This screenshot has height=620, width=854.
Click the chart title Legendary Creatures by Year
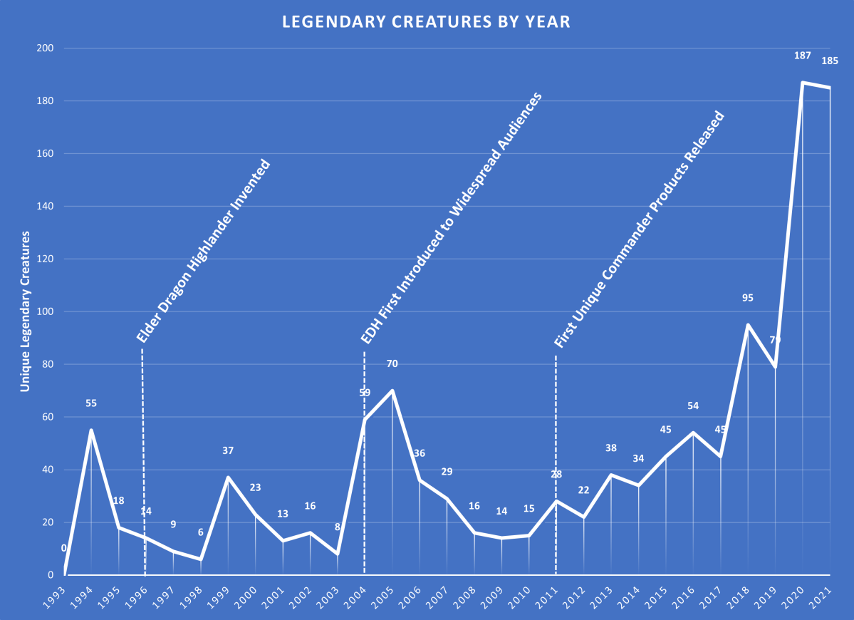point(426,21)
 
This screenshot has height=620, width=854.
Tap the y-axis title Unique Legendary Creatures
point(25,311)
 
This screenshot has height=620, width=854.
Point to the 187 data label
point(803,55)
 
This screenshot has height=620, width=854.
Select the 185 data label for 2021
point(830,61)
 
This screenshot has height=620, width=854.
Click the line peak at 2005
point(392,391)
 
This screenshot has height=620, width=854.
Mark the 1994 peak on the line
point(91,430)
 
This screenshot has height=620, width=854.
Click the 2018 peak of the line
point(748,325)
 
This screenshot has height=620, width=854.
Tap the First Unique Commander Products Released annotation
point(639,229)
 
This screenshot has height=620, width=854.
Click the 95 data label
point(748,298)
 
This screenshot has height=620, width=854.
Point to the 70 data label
point(392,363)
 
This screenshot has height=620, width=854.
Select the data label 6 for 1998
point(201,532)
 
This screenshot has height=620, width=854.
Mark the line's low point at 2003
point(337,554)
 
